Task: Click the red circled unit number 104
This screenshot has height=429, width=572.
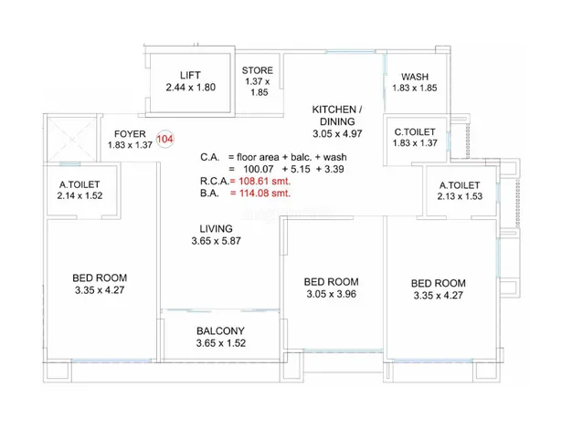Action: click(164, 140)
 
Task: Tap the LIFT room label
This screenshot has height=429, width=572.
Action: click(190, 75)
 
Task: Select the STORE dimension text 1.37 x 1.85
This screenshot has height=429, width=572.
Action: click(258, 87)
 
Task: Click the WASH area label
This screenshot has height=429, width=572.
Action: click(415, 77)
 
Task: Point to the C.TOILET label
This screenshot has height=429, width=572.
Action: click(415, 132)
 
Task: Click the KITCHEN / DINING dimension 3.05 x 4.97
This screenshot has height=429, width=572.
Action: click(337, 134)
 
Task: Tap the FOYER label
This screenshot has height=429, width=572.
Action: click(130, 134)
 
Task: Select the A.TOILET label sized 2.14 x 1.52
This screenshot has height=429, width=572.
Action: click(79, 184)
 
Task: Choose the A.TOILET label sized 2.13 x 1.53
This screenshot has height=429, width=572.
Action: click(460, 185)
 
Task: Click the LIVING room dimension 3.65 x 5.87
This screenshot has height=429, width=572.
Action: click(216, 241)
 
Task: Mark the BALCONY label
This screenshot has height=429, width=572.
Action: click(220, 331)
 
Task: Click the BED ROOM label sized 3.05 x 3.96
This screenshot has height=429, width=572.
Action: click(332, 282)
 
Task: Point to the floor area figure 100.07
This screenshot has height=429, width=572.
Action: click(259, 169)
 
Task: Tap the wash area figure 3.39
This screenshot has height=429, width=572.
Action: click(334, 169)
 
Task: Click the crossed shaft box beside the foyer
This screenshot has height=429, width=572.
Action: click(71, 139)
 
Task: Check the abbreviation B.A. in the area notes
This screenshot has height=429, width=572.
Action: click(210, 194)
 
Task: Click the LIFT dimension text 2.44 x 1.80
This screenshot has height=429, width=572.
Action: click(190, 88)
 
